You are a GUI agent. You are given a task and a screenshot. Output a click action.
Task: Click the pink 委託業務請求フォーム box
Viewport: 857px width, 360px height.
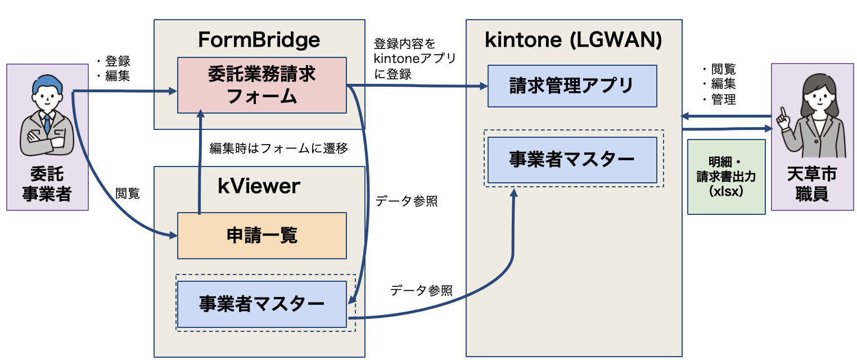(x=261, y=85)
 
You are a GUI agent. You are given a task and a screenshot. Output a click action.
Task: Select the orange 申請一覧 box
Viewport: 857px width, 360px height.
(x=261, y=235)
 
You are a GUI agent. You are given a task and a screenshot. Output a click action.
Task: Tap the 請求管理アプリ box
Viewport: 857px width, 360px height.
(x=572, y=86)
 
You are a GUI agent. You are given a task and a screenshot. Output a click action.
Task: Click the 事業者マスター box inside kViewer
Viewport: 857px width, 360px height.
(x=261, y=304)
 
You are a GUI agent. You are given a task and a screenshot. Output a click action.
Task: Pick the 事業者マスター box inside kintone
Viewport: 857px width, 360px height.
(x=572, y=160)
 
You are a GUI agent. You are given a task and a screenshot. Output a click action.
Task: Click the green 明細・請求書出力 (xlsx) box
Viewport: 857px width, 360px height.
(x=726, y=177)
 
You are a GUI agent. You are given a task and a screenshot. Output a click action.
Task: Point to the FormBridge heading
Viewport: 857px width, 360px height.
(x=259, y=40)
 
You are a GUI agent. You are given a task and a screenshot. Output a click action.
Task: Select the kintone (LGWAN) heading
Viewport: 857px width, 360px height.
(x=573, y=40)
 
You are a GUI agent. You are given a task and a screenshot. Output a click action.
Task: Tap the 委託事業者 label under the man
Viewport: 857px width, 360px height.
(x=47, y=184)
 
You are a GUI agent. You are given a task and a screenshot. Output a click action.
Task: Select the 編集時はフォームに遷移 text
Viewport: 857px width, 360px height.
(x=278, y=148)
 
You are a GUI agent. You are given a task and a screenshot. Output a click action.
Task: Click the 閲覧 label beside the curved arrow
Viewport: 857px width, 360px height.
(x=128, y=193)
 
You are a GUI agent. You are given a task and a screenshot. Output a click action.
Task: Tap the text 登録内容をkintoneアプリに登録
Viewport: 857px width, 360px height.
(x=415, y=58)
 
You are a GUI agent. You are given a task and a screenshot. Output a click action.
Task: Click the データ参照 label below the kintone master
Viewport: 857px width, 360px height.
(x=421, y=290)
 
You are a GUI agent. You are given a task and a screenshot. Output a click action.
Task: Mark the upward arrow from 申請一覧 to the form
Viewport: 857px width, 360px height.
(x=199, y=163)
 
